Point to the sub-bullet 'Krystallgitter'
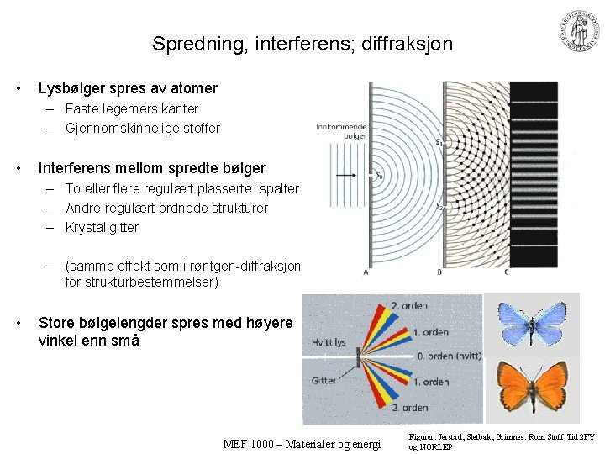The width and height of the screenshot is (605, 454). (x=102, y=227)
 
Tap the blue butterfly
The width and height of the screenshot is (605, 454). (x=532, y=321)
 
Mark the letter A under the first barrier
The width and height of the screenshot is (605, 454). (x=366, y=272)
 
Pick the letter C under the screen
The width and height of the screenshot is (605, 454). (x=506, y=272)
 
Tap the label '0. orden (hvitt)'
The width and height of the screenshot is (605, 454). (x=449, y=356)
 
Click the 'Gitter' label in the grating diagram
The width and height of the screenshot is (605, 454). (x=324, y=380)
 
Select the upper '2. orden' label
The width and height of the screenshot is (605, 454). (x=410, y=305)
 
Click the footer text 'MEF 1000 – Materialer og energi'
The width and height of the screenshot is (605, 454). (x=302, y=444)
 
